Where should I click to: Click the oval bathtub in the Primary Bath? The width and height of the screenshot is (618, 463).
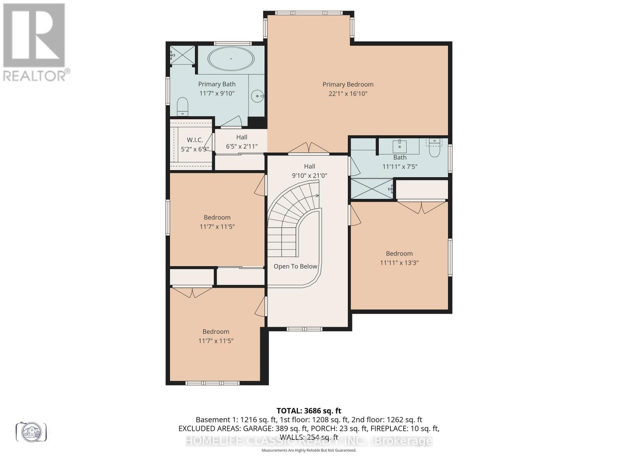tap(231, 59)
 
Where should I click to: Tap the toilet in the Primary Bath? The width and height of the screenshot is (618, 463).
tap(182, 106)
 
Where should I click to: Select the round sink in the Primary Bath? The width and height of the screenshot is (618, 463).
tap(257, 96)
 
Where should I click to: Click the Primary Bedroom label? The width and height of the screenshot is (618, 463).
tap(348, 84)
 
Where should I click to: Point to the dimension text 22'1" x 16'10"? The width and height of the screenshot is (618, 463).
tap(348, 94)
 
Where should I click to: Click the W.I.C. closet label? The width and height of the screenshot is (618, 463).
tap(195, 140)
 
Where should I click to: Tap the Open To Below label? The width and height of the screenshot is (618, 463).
tap(295, 266)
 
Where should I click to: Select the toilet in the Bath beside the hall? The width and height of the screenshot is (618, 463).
tap(435, 149)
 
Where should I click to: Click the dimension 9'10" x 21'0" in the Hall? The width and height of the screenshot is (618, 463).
tap(309, 176)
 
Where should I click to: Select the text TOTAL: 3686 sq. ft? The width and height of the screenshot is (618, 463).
tap(309, 411)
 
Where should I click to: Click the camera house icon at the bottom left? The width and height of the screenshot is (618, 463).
tap(31, 431)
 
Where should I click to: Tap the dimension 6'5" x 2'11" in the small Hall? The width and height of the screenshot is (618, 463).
tap(241, 146)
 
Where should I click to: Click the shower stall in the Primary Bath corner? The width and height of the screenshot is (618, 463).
tap(183, 55)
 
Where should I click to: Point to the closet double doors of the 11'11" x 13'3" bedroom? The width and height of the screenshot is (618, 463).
tap(422, 207)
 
